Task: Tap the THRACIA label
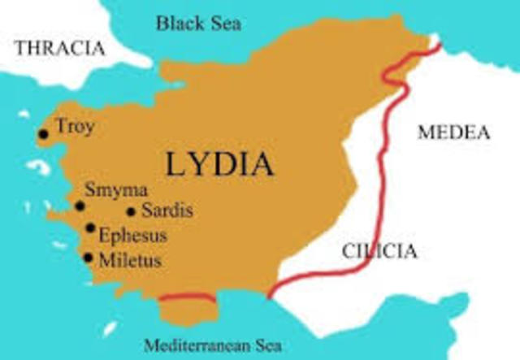click(x=60, y=48)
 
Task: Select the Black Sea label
click(x=198, y=23)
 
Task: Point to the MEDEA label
click(x=453, y=132)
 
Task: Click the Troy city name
click(x=76, y=126)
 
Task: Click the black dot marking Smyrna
click(x=80, y=206)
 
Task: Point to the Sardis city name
click(x=167, y=212)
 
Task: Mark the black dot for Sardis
click(x=131, y=213)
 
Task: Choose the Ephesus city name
click(x=132, y=236)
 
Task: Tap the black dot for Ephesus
click(x=89, y=228)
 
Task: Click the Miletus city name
click(x=129, y=262)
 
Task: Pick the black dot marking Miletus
click(x=88, y=258)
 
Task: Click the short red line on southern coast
click(x=187, y=299)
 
